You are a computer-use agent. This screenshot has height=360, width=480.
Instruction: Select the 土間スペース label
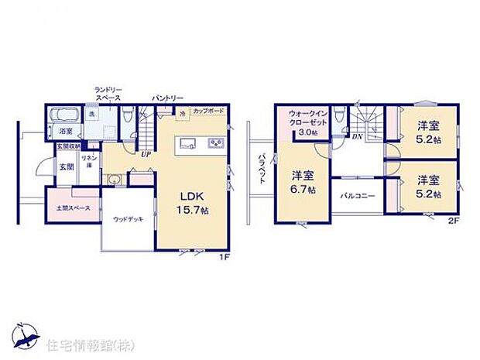[72, 208]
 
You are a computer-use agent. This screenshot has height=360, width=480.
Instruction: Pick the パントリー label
[167, 98]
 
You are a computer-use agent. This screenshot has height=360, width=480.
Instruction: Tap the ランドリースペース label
[108, 94]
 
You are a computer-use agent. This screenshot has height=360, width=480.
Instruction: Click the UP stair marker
[146, 153]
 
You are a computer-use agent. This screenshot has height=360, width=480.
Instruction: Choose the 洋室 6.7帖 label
[303, 181]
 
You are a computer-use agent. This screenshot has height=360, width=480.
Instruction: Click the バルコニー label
[358, 197]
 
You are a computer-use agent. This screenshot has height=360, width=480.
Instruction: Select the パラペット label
[262, 166]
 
